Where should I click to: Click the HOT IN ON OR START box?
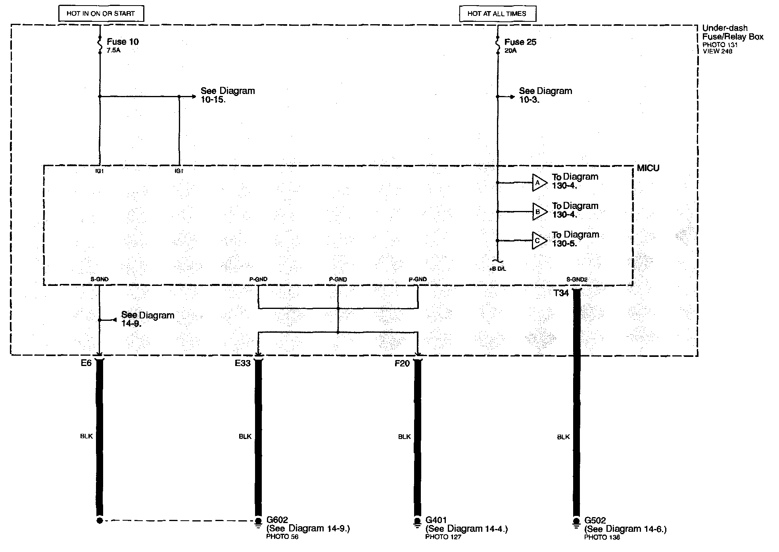[x=101, y=13]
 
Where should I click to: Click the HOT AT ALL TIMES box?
[x=497, y=13]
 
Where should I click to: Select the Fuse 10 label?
[x=123, y=42]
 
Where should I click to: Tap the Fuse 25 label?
[x=520, y=42]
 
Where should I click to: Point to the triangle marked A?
[x=539, y=183]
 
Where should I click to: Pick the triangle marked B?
[x=539, y=212]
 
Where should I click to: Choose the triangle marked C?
[x=539, y=240]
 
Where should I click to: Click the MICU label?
[x=648, y=168]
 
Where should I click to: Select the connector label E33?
[x=243, y=363]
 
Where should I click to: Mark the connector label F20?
[x=402, y=364]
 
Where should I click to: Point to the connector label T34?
[x=561, y=293]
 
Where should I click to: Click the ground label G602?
[x=277, y=519]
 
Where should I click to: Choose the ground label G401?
[x=436, y=519]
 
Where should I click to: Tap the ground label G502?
[x=595, y=520]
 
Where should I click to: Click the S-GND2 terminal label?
[x=577, y=280]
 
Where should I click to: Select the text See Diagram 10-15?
[x=227, y=95]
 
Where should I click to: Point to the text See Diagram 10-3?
[x=545, y=95]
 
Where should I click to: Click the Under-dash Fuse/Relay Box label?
[x=732, y=33]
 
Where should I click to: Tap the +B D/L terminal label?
[x=497, y=269]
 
